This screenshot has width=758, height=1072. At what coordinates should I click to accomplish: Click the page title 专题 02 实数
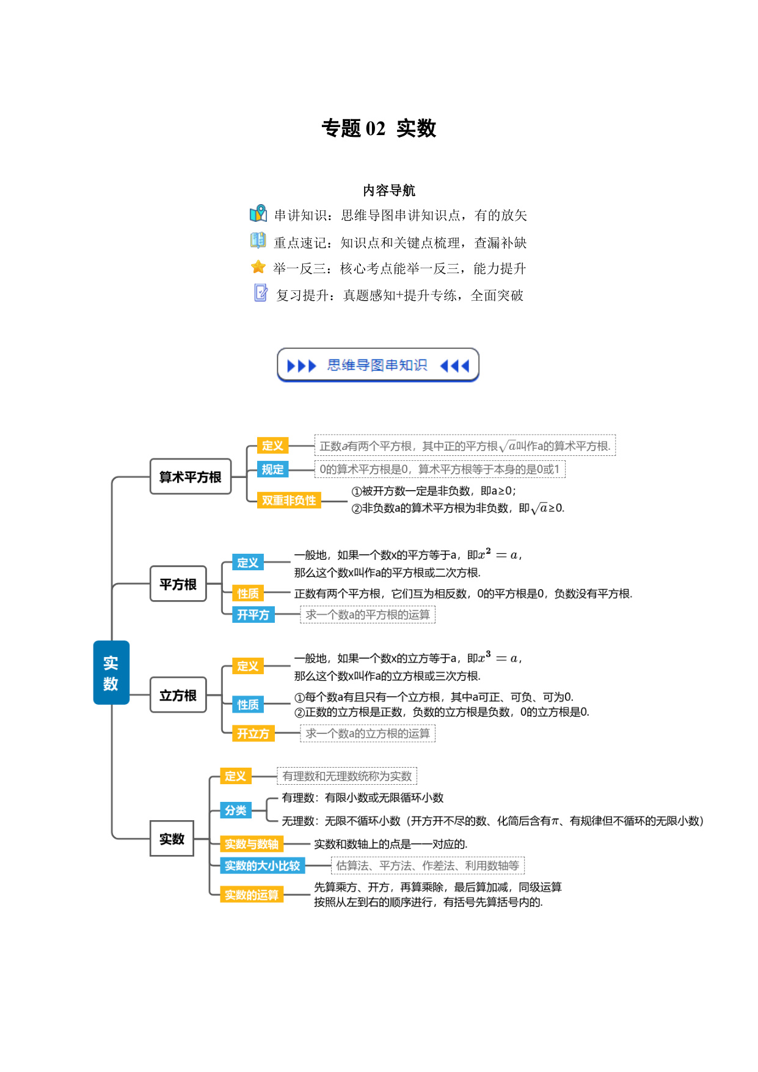tap(379, 128)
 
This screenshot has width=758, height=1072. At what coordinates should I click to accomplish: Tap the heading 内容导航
tap(389, 191)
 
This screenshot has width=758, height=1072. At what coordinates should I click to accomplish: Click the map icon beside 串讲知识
tap(258, 213)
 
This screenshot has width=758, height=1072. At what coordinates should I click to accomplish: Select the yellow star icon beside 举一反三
tap(258, 267)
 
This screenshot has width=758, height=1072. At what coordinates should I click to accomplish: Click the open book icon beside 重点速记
tap(258, 240)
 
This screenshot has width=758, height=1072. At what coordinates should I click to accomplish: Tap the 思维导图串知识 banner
tap(378, 365)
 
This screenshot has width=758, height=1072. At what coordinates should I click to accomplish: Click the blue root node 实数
tap(111, 672)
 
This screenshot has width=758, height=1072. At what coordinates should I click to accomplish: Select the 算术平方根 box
tap(191, 477)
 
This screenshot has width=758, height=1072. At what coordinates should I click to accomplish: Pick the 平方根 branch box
tap(178, 584)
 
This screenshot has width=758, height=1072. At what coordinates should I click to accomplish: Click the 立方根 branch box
tap(178, 695)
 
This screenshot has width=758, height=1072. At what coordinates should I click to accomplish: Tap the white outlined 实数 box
tap(172, 839)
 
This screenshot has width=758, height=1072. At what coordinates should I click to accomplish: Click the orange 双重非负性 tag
tap(289, 501)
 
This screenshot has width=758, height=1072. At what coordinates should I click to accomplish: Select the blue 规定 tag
tap(273, 469)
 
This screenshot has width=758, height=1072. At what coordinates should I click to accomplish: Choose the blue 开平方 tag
tap(253, 615)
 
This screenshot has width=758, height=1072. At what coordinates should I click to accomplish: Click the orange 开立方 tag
tap(253, 733)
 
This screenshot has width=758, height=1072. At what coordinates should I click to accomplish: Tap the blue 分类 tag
tap(236, 810)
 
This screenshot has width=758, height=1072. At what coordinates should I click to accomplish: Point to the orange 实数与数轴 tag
tap(252, 844)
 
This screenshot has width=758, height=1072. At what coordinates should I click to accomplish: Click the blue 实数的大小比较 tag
tap(263, 865)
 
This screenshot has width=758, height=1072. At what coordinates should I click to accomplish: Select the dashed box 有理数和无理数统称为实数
tap(347, 776)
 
